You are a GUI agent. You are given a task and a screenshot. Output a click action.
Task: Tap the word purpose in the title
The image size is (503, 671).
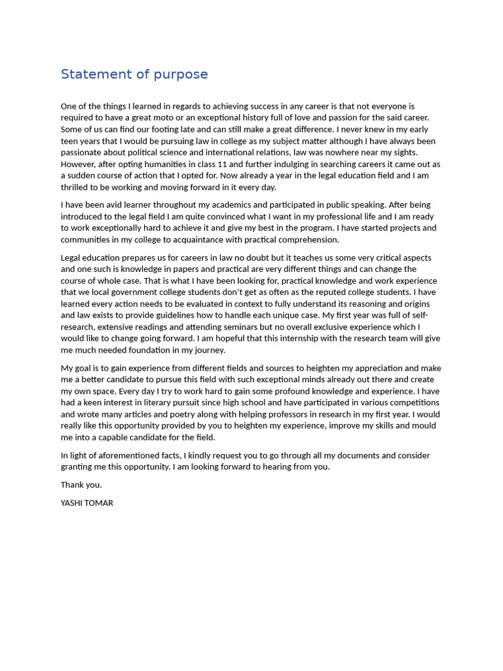[x=180, y=75]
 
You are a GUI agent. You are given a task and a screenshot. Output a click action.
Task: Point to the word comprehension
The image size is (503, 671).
[x=305, y=240]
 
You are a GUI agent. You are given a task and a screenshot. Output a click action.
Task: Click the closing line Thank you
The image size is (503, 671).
[x=81, y=485]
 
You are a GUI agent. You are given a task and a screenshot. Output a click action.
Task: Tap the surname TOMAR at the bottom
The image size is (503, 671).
[x=101, y=503]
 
